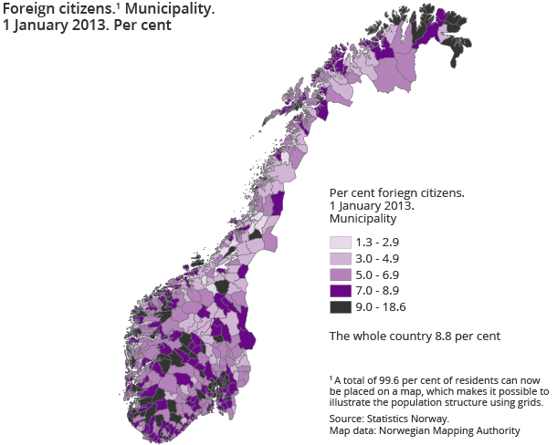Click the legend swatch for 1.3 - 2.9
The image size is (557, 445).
click(x=340, y=242)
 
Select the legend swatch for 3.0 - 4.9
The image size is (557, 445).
click(x=340, y=258)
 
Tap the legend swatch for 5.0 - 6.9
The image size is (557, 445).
click(x=340, y=274)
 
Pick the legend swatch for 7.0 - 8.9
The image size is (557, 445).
click(x=340, y=291)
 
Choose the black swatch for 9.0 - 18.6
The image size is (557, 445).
click(x=340, y=307)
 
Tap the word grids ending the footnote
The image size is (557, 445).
click(x=527, y=401)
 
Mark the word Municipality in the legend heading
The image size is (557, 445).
click(x=363, y=219)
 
